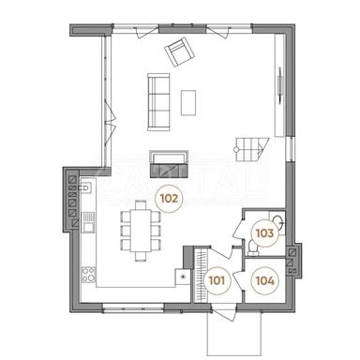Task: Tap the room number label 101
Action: [x=217, y=277]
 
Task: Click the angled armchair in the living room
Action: [x=176, y=53]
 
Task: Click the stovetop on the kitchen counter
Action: [x=88, y=276]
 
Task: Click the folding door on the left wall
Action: [x=111, y=115]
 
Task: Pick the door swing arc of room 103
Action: [x=241, y=226]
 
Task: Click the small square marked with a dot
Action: [x=182, y=277]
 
